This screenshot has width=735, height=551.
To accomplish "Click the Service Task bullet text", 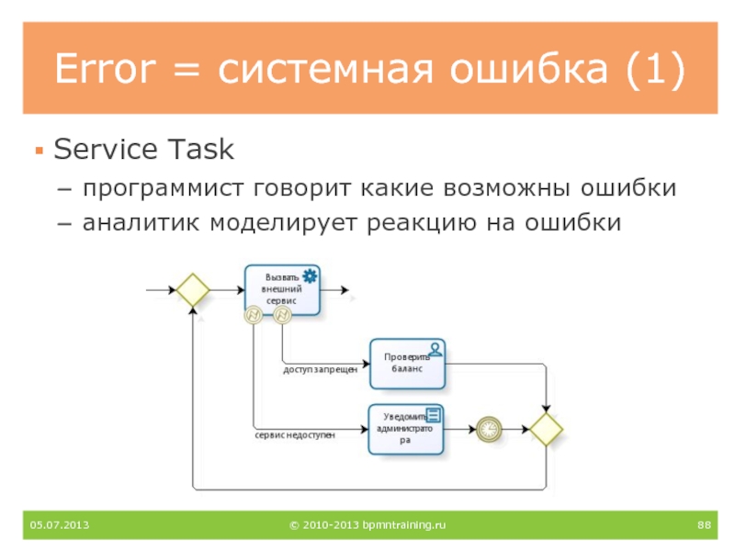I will coord(144,148).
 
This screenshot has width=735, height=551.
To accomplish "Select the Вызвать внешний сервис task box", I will coord(283,290).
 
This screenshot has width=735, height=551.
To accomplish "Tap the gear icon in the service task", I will coord(310,275).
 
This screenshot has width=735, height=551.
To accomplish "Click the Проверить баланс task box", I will coord(407,363).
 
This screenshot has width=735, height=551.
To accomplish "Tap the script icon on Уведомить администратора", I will coord(433,414).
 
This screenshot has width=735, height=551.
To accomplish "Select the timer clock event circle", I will coord(490,429).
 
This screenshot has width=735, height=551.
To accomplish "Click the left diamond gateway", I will coord(193,290).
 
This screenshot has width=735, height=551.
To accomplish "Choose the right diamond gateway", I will coord(546,429).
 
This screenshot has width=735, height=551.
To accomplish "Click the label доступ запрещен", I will coord(319,369).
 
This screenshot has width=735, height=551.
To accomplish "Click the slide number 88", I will coord(705,524).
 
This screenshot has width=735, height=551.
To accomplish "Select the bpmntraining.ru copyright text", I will coord(367,524).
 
